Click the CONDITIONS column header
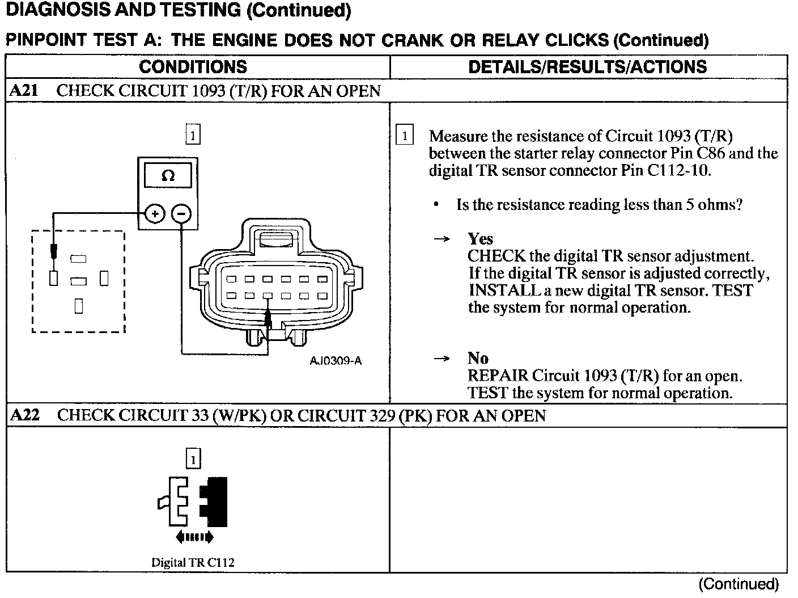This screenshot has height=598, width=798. (x=193, y=67)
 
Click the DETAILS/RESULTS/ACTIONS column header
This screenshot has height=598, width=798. (x=587, y=67)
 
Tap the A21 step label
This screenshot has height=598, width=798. (x=24, y=91)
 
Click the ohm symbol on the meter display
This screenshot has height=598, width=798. (x=168, y=176)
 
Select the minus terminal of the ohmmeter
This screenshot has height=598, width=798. (x=181, y=214)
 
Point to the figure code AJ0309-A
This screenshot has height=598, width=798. (x=336, y=360)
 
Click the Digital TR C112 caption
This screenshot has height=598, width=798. (x=193, y=563)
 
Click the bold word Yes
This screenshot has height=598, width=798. (x=480, y=239)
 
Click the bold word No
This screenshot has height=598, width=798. (x=478, y=359)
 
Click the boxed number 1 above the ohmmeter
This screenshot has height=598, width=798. (x=193, y=135)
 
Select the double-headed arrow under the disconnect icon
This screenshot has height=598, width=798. (x=194, y=537)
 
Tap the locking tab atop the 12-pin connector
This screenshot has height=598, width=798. (x=275, y=238)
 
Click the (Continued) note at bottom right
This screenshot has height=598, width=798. (x=738, y=584)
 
